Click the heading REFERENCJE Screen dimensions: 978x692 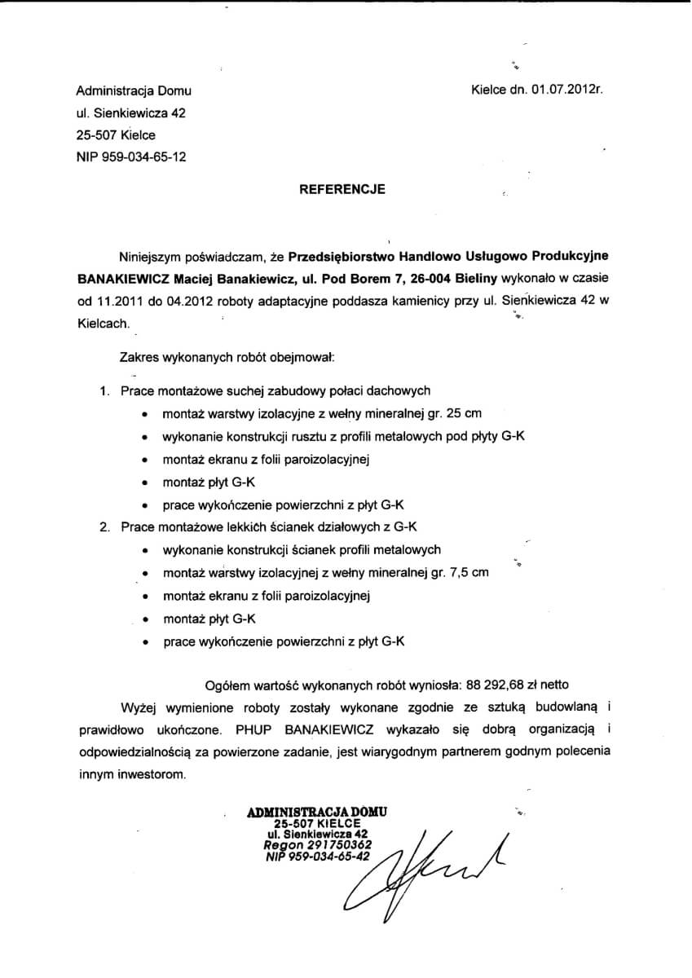(342, 189)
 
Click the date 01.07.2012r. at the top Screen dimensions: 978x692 (567, 91)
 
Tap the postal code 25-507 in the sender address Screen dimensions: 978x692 (95, 135)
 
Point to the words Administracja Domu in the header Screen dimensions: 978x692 (134, 91)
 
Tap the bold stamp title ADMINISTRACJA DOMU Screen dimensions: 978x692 (317, 812)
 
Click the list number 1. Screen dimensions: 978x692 (104, 391)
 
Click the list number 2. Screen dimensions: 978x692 (104, 526)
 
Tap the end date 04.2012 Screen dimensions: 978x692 (189, 301)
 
